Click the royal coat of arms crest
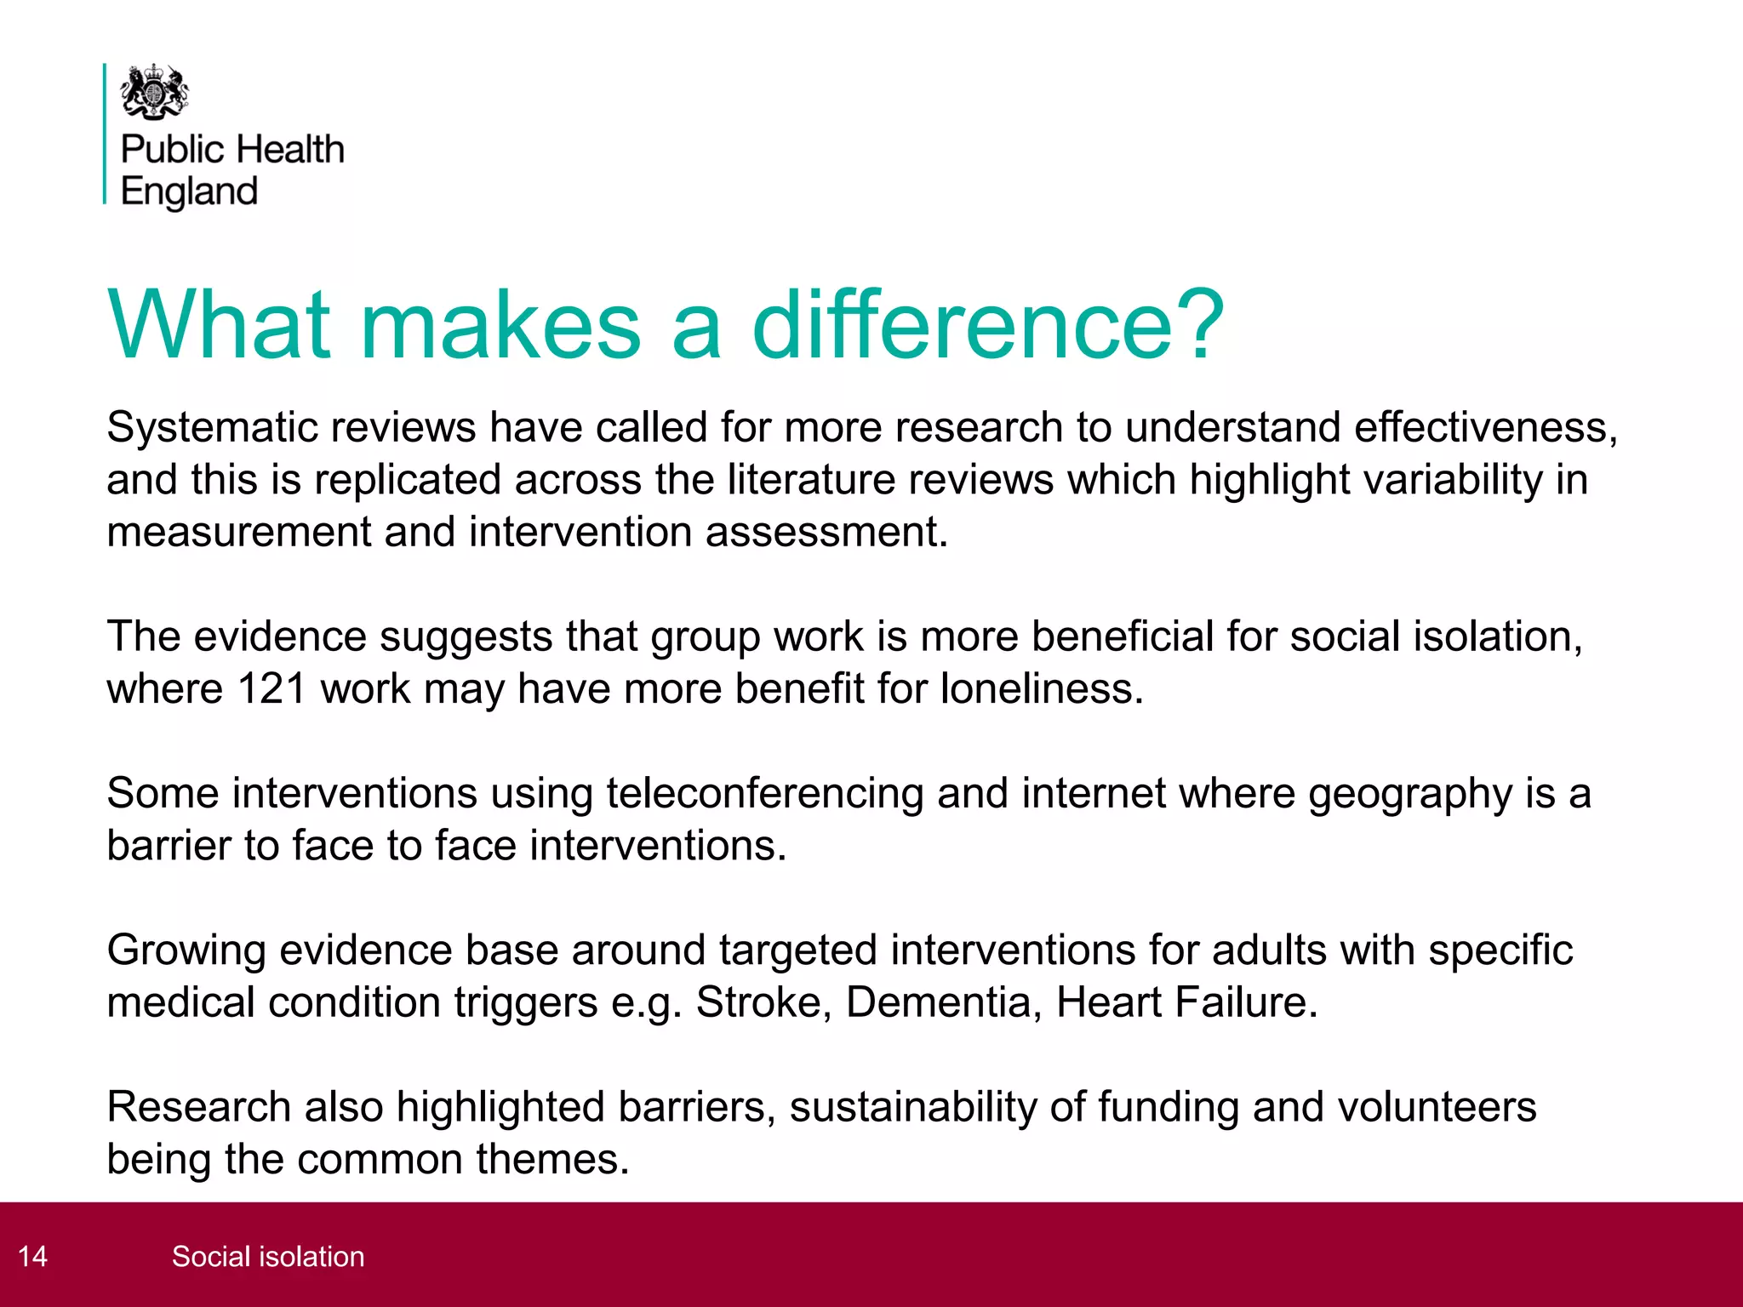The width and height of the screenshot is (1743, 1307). (x=154, y=92)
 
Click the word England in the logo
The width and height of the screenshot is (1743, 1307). (x=189, y=191)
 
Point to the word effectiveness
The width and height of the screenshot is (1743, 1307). (x=1485, y=427)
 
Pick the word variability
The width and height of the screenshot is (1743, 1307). (x=1451, y=479)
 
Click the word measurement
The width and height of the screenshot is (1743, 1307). (x=238, y=532)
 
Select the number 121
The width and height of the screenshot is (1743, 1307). (x=271, y=688)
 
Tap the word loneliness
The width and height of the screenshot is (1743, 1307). (x=1042, y=688)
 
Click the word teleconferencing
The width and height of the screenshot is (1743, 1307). (x=764, y=794)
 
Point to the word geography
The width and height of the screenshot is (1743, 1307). (x=1409, y=794)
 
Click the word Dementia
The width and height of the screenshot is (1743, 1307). (x=943, y=1002)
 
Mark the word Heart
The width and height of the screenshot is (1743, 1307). (x=1107, y=1002)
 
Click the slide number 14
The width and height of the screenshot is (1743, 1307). (x=33, y=1256)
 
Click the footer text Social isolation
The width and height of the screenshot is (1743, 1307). (x=268, y=1256)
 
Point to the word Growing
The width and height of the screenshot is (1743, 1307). (x=186, y=950)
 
